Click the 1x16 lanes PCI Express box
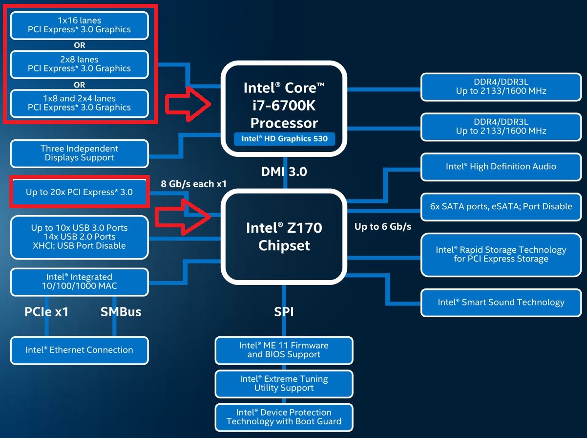(80, 25)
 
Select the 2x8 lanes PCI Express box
(80, 65)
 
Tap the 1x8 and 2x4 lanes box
(80, 104)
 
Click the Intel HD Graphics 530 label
(284, 139)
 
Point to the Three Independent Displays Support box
(80, 153)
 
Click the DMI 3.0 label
(284, 172)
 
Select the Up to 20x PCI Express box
(80, 192)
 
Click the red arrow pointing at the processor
(188, 104)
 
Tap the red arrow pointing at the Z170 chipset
(183, 217)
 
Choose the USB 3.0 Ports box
(80, 237)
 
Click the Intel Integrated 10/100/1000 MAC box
(80, 282)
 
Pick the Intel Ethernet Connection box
(80, 350)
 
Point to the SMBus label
(121, 312)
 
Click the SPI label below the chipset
(284, 312)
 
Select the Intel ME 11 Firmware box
(284, 350)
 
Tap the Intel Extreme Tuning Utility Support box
(284, 384)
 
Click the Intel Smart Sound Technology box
(501, 303)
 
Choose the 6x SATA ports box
(501, 207)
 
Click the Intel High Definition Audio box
(501, 167)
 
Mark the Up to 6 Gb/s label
(383, 227)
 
